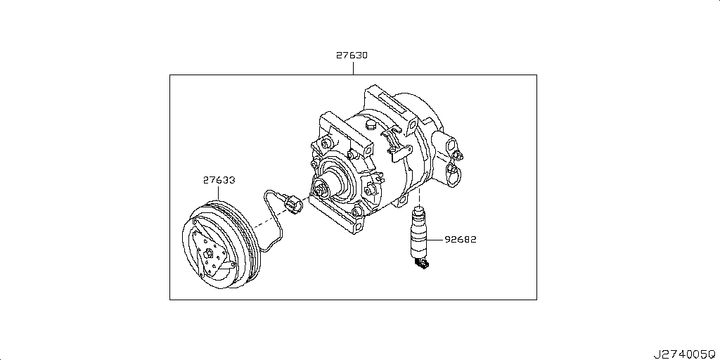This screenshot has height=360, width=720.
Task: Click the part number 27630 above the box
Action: click(352, 56)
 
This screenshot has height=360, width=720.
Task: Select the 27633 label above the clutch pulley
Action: click(219, 181)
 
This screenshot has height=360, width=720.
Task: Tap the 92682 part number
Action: click(461, 240)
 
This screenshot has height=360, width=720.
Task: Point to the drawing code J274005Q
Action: click(684, 354)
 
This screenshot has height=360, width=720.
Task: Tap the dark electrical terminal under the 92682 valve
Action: click(422, 264)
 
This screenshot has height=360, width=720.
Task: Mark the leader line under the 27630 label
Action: click(353, 68)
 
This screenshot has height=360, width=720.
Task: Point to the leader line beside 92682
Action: click(435, 240)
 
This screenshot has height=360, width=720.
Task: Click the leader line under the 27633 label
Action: click(219, 193)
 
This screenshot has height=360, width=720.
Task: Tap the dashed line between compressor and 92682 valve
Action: click(419, 197)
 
